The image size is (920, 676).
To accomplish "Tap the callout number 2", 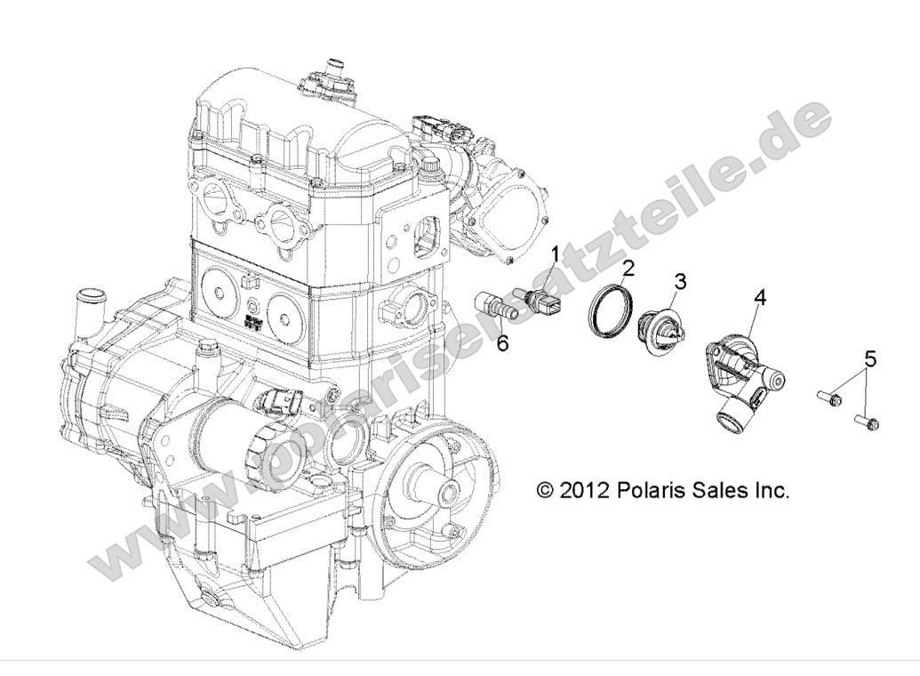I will pyautogui.click(x=628, y=267).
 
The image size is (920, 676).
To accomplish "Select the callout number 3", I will pyautogui.click(x=680, y=282).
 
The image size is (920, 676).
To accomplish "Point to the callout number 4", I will pyautogui.click(x=760, y=297).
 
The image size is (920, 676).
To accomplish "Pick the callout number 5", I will pyautogui.click(x=869, y=359).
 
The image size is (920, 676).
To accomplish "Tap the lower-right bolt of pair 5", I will pyautogui.click(x=867, y=420).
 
